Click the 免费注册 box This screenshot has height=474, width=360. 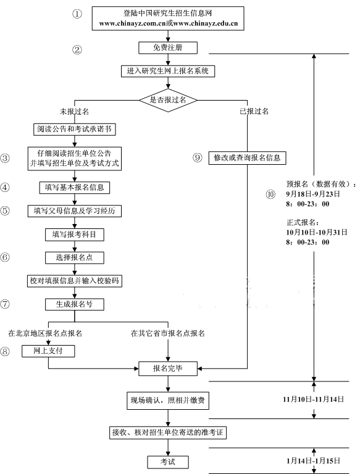[x=168, y=48]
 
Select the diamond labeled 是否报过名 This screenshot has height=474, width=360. [x=168, y=100]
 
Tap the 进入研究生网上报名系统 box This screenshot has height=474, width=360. [x=168, y=72]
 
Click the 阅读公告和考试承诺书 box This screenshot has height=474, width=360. [x=75, y=130]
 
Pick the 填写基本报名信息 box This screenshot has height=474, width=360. [x=75, y=188]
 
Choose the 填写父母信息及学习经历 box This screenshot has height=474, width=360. [x=75, y=210]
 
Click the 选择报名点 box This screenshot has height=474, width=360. [x=75, y=257]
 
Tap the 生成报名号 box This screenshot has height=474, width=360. [x=75, y=304]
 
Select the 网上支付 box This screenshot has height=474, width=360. [x=48, y=351]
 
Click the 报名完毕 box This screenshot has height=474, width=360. [x=168, y=368]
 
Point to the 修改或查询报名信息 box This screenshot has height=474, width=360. [x=247, y=158]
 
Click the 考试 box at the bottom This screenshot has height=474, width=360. [x=168, y=462]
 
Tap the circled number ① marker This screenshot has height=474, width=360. [x=77, y=14]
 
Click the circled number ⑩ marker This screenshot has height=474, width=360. [x=270, y=194]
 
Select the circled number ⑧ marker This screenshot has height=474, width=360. [x=5, y=351]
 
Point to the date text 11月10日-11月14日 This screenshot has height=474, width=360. [x=314, y=399]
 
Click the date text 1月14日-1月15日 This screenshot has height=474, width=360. [x=314, y=460]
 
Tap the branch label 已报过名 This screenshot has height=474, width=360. [x=254, y=111]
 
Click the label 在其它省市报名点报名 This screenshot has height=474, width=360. [x=168, y=333]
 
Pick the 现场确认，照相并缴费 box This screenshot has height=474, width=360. [x=168, y=401]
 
